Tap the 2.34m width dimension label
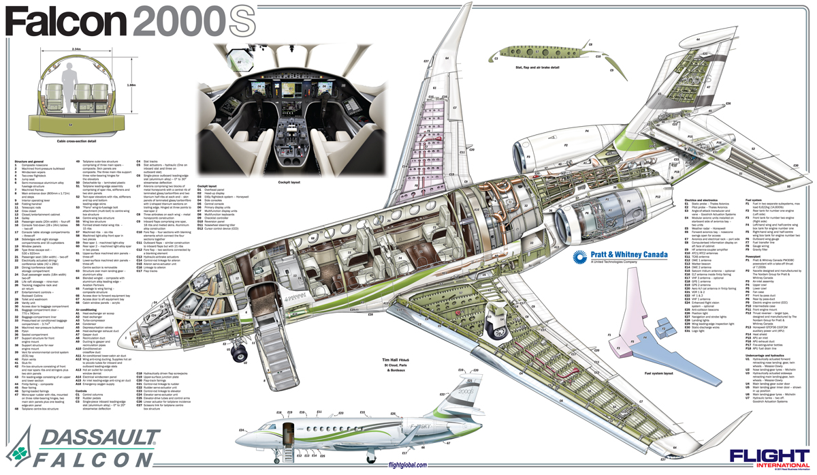(x=76, y=50)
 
